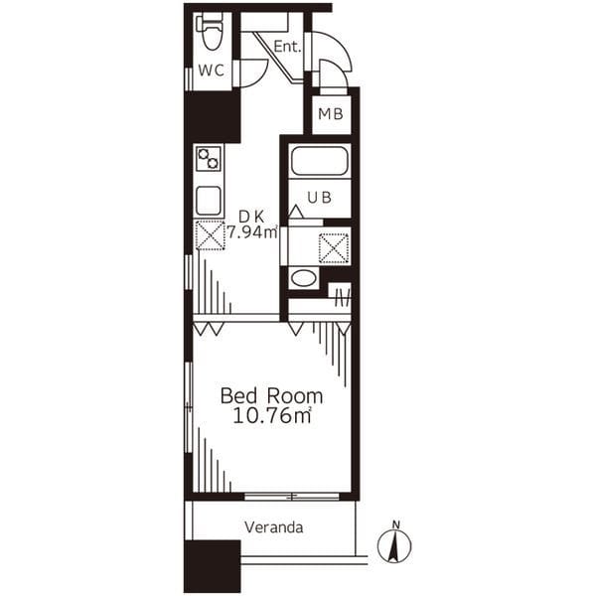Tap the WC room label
(212, 71)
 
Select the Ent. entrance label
(287, 47)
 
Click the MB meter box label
(331, 113)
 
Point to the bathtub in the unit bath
(319, 160)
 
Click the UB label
(319, 198)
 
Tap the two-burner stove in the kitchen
(209, 159)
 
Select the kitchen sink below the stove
(209, 201)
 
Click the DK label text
(251, 217)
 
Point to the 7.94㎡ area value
(252, 231)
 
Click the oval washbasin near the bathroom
(303, 278)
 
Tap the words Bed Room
(272, 396)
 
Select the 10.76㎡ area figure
(272, 415)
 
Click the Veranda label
(274, 527)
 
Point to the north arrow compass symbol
(394, 546)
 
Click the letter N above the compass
(396, 524)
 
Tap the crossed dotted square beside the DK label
(210, 235)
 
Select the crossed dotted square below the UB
(334, 247)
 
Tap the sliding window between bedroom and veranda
(291, 497)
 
